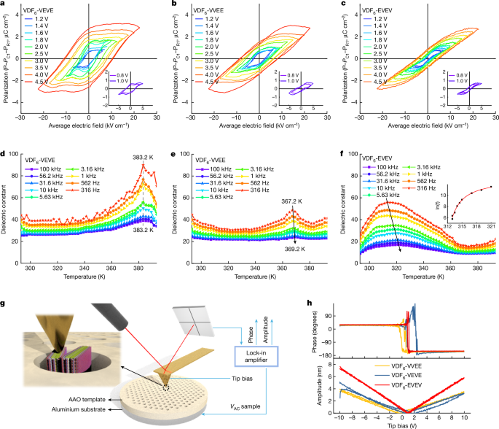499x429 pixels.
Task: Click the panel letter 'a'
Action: point(4,5)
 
